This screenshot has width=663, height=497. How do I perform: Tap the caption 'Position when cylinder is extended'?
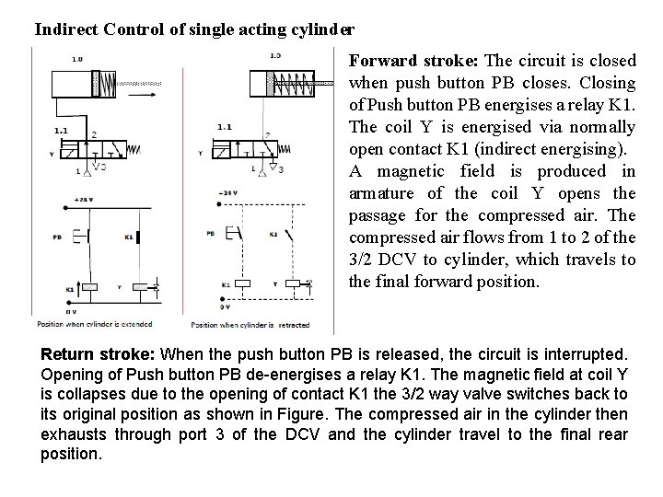coord(95,324)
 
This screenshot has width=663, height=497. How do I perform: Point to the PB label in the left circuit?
coord(57,237)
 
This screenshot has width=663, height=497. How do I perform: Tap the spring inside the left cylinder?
coord(107,85)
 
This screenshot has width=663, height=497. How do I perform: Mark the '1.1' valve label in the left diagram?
coord(61,131)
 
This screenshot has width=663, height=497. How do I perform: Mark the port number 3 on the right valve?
coord(279,169)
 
